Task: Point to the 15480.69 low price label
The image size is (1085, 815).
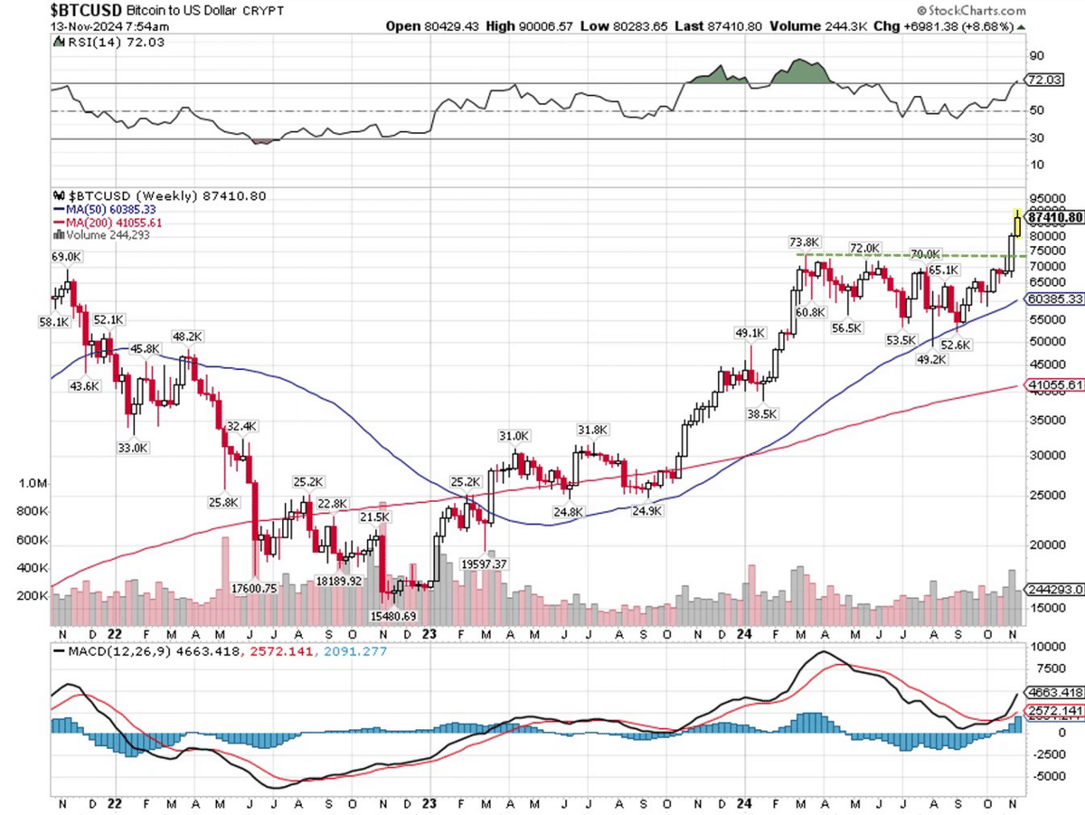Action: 392,617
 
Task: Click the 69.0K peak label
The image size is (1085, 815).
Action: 66,258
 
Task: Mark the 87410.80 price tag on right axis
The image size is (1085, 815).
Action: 1054,218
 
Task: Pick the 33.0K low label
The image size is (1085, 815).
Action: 133,447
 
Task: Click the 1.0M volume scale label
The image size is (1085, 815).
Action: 33,484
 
